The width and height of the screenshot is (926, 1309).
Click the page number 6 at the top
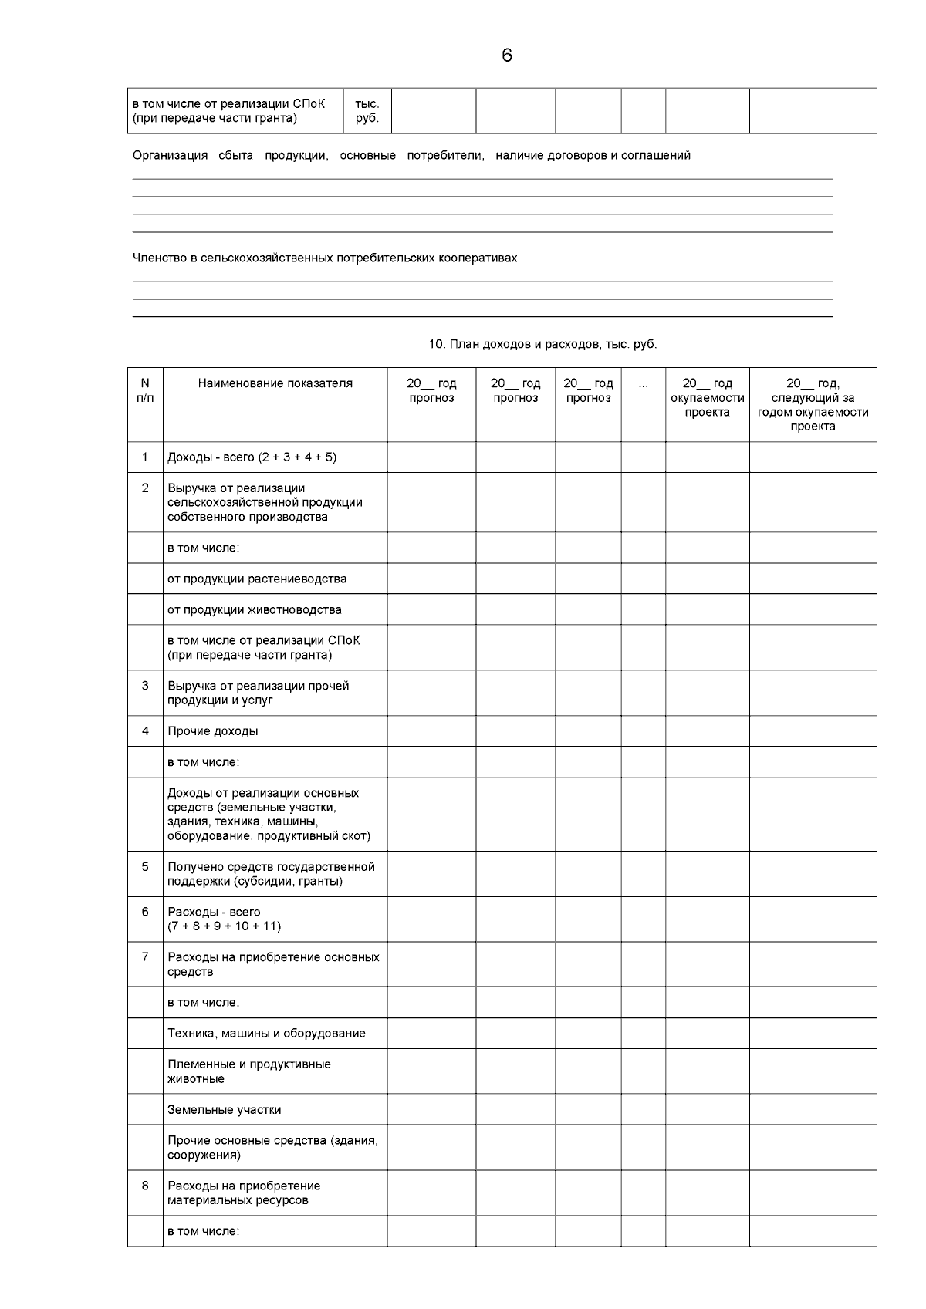(506, 56)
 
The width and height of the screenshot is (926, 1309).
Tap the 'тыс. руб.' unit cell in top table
(367, 111)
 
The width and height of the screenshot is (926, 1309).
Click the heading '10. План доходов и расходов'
(542, 344)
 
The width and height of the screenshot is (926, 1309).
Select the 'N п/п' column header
(145, 390)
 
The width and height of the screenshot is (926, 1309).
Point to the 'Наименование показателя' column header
(275, 383)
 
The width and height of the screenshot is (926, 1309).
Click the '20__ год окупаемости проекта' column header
(707, 397)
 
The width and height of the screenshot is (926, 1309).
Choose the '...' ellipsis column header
(643, 383)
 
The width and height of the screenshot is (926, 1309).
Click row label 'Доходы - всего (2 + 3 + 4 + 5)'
(252, 457)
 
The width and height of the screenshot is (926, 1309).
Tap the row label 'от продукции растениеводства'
(257, 579)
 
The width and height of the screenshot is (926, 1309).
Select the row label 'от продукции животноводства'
(254, 609)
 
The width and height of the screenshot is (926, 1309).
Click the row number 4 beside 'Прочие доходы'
(145, 730)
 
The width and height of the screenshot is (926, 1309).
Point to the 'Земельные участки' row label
(224, 1109)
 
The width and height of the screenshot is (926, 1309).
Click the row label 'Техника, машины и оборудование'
(266, 1033)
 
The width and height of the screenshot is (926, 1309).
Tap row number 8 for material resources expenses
(145, 1186)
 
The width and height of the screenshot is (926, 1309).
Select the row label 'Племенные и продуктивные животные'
(248, 1071)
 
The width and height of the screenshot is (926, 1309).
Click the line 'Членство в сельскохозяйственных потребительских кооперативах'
(325, 258)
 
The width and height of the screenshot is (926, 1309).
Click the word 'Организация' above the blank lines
(170, 155)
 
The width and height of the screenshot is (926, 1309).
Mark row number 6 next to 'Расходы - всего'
(145, 912)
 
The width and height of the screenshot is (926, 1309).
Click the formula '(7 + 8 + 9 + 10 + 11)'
(224, 926)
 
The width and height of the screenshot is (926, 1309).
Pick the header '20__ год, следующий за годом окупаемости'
(813, 404)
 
